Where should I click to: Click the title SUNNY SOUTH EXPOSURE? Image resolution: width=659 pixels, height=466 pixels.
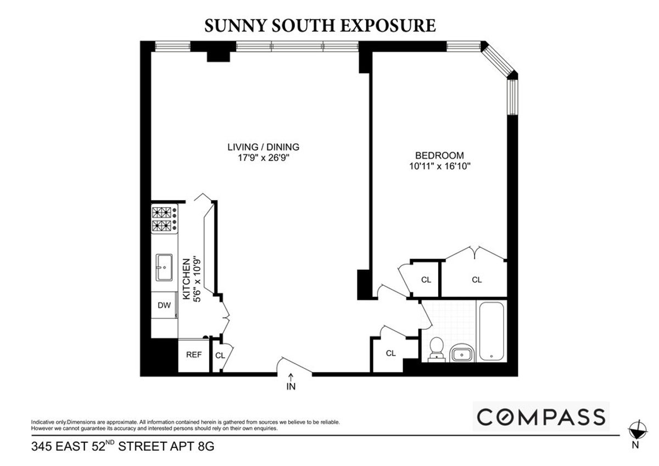click(x=320, y=25)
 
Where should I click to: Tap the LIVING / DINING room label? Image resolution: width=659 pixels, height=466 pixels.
click(x=264, y=147)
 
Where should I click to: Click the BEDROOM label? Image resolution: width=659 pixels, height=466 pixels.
click(x=439, y=156)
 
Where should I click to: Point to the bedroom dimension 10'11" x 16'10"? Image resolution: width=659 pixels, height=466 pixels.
click(x=439, y=165)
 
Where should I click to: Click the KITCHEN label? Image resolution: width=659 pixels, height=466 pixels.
click(x=186, y=279)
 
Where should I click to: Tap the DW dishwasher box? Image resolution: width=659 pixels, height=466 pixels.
click(x=164, y=306)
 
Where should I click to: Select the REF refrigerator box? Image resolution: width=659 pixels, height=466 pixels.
click(x=193, y=355)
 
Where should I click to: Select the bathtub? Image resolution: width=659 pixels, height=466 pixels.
click(x=491, y=331)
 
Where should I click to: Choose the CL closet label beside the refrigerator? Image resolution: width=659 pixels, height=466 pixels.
click(x=220, y=356)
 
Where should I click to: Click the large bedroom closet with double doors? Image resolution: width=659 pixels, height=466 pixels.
click(x=476, y=280)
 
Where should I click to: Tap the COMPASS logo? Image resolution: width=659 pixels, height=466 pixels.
click(x=541, y=417)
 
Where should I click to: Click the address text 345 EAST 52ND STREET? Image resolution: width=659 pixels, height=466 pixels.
click(x=122, y=447)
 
